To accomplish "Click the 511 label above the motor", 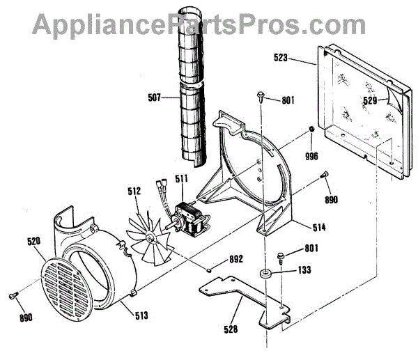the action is pos(181,179).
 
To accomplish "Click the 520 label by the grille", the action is pos(35,241).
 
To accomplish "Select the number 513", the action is pos(141,315).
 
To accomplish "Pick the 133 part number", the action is pos(304,269).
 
